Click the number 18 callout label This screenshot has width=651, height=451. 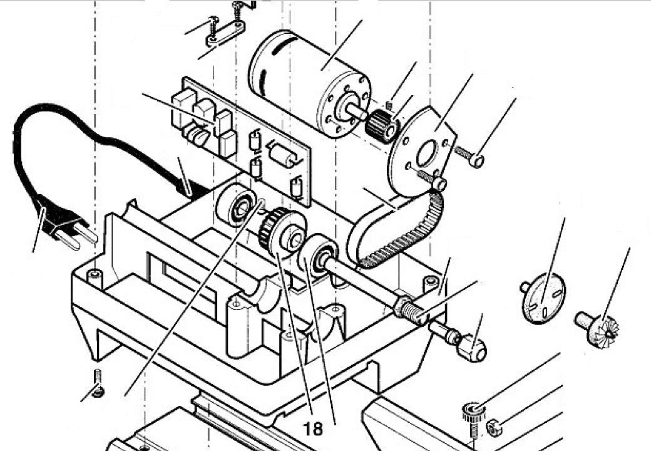(x=313, y=428)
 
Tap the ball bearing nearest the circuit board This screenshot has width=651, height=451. (x=237, y=205)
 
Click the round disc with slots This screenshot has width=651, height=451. (x=543, y=299)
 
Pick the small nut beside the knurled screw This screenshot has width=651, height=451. (x=495, y=428)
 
